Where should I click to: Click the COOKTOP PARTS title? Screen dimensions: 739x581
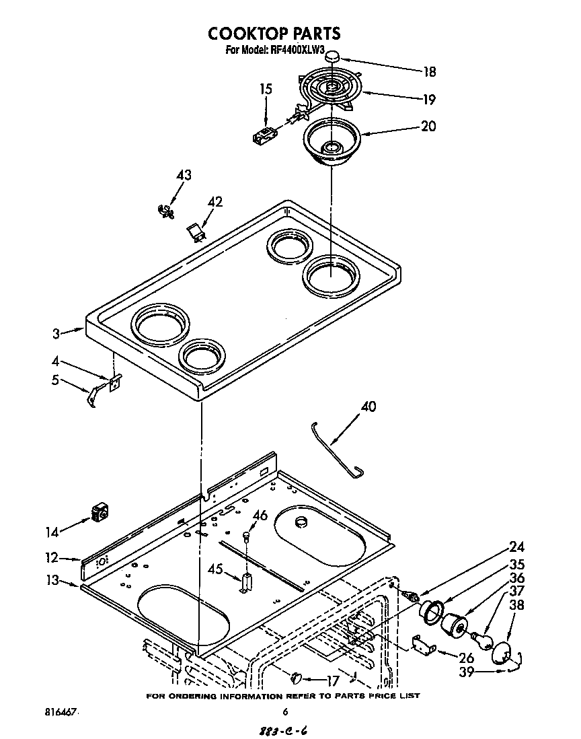(x=273, y=33)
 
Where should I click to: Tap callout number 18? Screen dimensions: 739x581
(x=429, y=72)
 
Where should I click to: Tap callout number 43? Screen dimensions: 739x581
(x=183, y=176)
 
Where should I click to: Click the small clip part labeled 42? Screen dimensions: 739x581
(x=196, y=232)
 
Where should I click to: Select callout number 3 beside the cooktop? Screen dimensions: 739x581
(x=56, y=332)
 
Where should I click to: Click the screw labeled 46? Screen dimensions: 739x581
(x=247, y=536)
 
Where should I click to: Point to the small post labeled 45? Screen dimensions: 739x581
(x=245, y=582)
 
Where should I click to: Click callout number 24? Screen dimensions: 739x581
(x=516, y=547)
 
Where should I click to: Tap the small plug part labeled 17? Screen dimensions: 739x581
(x=299, y=676)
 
